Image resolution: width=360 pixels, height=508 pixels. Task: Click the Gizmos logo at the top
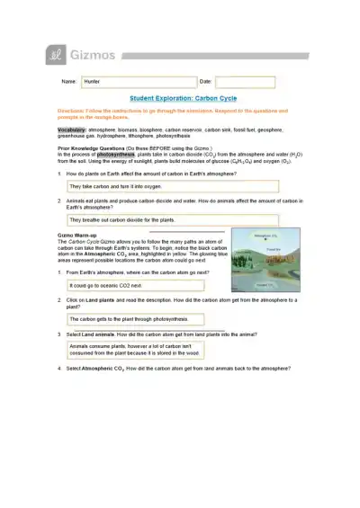[x=80, y=57]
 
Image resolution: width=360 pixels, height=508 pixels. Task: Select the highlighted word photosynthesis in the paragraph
[x=117, y=155]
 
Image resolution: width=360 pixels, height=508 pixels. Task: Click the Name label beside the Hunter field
[x=68, y=81]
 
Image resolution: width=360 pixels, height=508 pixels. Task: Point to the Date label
[x=204, y=81]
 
